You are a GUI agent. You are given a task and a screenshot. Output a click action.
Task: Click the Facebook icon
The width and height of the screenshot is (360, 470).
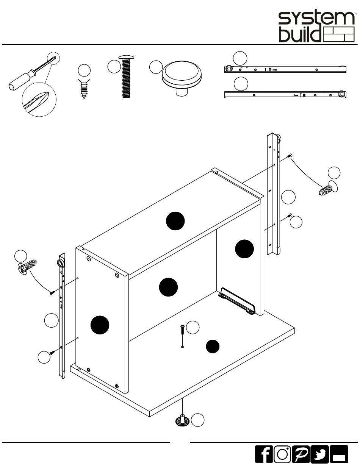click(x=264, y=454)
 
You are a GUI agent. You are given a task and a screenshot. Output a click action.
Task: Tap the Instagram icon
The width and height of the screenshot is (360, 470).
click(x=282, y=454)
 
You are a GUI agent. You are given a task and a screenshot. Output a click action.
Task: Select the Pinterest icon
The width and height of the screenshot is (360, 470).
click(x=301, y=454)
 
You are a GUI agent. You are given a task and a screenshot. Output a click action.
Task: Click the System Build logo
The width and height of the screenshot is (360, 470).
click(x=316, y=27)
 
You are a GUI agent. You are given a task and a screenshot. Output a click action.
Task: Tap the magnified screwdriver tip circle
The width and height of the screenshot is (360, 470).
click(x=39, y=99)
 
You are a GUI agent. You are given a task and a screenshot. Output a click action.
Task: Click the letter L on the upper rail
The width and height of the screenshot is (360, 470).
click(x=266, y=70)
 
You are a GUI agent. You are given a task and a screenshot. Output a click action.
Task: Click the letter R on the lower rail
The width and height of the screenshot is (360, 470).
click(x=304, y=95)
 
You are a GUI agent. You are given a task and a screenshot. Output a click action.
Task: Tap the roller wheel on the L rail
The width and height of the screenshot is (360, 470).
click(x=229, y=69)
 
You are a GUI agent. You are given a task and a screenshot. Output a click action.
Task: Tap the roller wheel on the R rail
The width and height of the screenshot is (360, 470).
click(x=342, y=94)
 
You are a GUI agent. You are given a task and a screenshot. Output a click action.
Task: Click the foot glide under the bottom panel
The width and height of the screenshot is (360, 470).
click(x=182, y=420)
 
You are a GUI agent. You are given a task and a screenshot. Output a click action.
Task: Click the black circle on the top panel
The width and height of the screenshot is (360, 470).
click(x=175, y=221)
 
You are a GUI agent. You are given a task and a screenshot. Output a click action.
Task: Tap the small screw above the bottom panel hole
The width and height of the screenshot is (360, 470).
click(x=182, y=329)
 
